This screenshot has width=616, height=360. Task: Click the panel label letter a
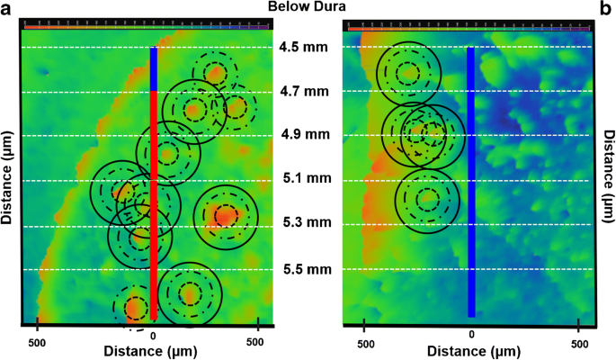(7, 8)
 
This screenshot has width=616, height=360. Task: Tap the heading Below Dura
(308, 8)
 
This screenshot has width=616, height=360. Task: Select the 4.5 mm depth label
(297, 48)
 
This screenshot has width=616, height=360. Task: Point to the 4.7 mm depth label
(297, 92)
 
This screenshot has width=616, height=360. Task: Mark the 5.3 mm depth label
(297, 223)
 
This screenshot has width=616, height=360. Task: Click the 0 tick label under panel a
(154, 335)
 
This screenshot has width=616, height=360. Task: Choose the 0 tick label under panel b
(471, 335)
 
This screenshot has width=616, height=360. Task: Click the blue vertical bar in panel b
(470, 180)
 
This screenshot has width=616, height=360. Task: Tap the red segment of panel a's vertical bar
(154, 207)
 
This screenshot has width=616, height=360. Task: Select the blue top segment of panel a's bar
(154, 68)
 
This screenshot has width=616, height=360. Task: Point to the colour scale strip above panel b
(469, 28)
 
